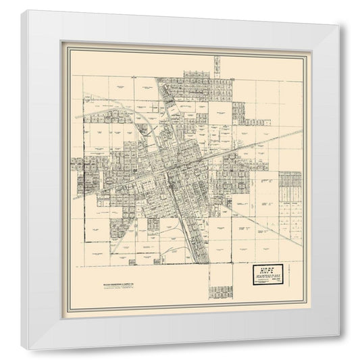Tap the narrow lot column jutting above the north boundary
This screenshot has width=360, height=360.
(217, 66)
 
